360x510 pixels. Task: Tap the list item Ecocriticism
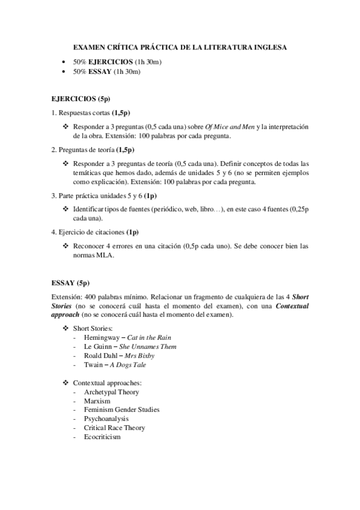103,437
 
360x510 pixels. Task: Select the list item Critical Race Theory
115,428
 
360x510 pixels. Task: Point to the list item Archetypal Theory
112,392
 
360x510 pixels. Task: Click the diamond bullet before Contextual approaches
66,382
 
